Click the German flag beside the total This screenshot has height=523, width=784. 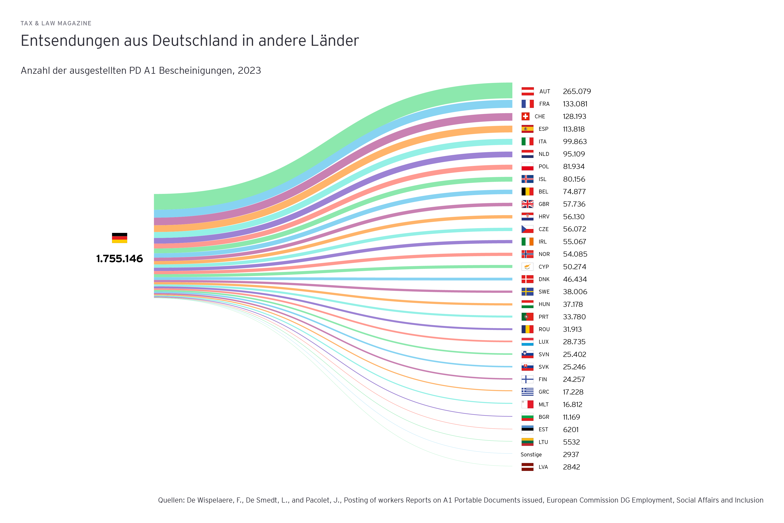click(119, 238)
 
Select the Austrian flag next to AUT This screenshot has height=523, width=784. click(527, 91)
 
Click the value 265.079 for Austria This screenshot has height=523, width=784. click(577, 91)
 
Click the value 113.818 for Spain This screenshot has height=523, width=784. click(574, 129)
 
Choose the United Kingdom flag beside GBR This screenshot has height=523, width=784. click(527, 204)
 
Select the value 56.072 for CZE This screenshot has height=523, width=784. click(574, 229)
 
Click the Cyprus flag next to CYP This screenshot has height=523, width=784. click(527, 267)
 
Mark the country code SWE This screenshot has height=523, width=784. click(544, 292)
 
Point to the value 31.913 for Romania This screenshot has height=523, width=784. click(572, 329)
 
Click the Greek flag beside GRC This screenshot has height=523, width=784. click(527, 392)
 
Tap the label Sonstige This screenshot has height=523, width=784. click(531, 455)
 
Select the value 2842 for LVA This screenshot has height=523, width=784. click(571, 467)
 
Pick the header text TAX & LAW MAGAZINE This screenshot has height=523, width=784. click(56, 23)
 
